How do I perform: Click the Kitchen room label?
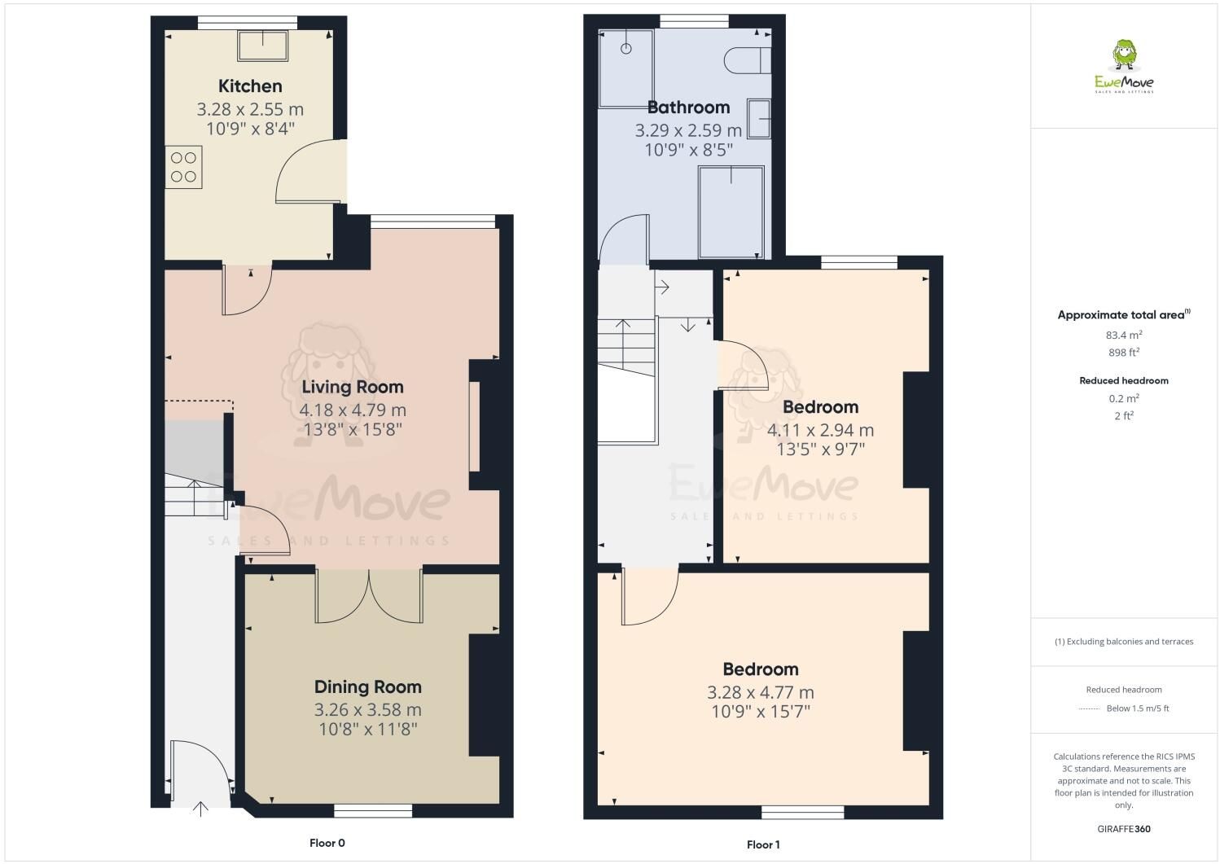[250, 86]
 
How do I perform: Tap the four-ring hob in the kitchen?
[183, 167]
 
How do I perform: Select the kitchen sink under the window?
[262, 46]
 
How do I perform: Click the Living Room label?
[353, 387]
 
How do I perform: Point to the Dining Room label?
[367, 687]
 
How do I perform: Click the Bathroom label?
[688, 107]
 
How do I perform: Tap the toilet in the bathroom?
[748, 60]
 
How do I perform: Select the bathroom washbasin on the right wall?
[759, 118]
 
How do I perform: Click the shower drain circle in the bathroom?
[625, 49]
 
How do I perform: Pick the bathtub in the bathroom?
[731, 212]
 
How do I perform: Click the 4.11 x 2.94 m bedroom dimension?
[820, 430]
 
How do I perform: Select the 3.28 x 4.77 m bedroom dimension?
[761, 692]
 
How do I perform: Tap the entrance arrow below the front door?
[200, 809]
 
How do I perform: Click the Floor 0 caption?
[327, 843]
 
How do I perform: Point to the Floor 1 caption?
[763, 844]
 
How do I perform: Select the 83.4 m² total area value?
[1124, 335]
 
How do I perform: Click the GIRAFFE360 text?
[1124, 829]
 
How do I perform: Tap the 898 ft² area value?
[1124, 353]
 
